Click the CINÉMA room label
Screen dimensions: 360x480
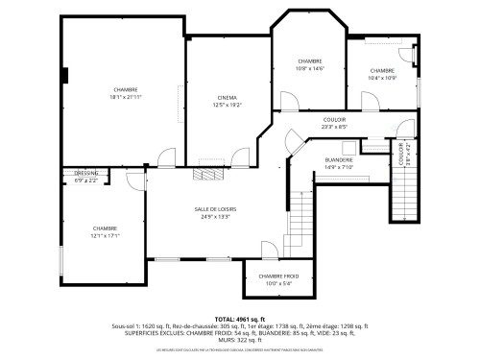(228, 97)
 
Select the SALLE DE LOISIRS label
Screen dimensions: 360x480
(215, 209)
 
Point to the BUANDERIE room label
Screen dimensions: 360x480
(339, 159)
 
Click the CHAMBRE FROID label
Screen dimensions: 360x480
(277, 276)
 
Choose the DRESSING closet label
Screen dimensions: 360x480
(86, 173)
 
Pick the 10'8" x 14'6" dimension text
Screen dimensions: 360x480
(310, 68)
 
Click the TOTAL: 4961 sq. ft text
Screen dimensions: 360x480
(239, 318)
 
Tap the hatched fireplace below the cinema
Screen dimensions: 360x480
(204, 174)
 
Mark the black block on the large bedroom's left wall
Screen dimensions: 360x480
(65, 75)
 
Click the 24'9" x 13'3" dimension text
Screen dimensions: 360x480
(215, 216)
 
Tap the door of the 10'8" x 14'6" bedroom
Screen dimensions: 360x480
(287, 100)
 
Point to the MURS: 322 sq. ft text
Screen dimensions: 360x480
(240, 338)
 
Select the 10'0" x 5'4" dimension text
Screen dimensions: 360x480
(277, 282)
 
